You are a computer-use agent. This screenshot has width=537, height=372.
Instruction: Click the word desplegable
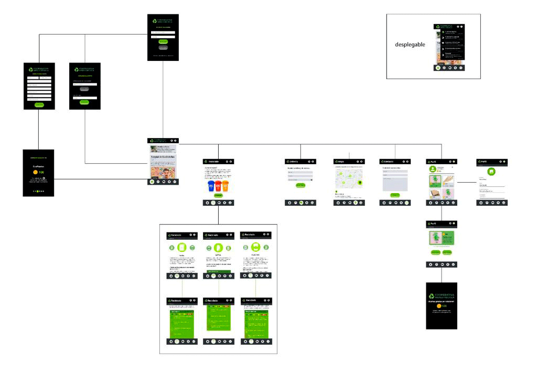click(410, 45)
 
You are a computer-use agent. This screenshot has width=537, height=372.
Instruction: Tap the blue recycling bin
click(210, 186)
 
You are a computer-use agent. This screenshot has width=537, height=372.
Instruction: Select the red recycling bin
click(218, 186)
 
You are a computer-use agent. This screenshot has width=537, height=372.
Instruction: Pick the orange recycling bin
click(226, 186)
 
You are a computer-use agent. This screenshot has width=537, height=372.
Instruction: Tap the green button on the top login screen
click(163, 41)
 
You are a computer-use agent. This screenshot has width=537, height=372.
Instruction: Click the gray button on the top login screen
click(163, 48)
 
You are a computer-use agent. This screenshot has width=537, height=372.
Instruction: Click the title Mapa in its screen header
click(340, 161)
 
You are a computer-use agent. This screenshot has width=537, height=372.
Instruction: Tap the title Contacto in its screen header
click(389, 161)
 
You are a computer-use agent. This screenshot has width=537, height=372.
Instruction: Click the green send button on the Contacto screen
click(395, 195)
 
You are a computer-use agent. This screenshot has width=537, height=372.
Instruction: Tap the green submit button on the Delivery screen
click(300, 185)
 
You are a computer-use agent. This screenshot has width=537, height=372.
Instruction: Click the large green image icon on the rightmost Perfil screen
click(491, 171)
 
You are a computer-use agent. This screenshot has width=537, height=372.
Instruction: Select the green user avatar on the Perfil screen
click(433, 169)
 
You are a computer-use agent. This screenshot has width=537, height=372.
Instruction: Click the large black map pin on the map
click(360, 182)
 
